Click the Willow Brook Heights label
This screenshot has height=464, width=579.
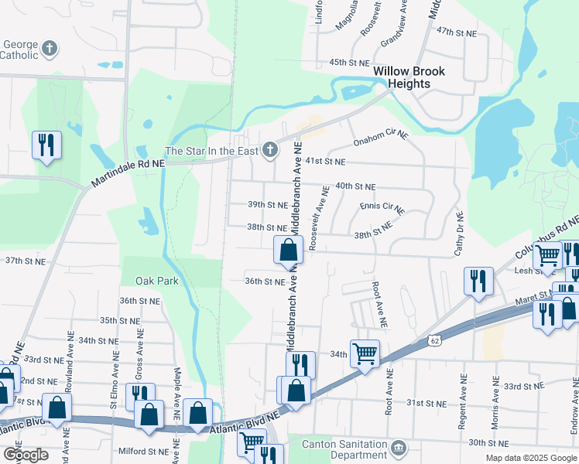point(409,77)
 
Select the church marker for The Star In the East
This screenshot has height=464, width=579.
point(269,150)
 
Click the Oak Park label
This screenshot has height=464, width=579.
point(157,281)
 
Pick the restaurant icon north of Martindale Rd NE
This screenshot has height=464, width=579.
point(46,144)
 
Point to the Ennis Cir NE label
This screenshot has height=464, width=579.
point(382,207)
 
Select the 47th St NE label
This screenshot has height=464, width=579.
point(455,31)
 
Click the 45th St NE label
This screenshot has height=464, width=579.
point(348,62)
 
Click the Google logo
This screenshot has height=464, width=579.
point(25,455)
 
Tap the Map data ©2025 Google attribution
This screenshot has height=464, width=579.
point(530,458)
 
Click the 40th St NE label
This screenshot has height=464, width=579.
point(355,187)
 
